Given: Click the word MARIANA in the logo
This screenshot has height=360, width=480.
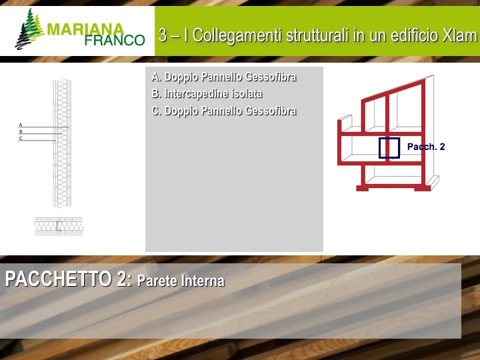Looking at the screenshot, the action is click(x=85, y=29).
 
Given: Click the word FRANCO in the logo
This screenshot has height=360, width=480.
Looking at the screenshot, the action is click(x=115, y=40).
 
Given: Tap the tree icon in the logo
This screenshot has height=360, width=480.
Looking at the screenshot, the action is click(x=29, y=29).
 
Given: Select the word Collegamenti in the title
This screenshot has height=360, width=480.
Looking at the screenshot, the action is click(x=237, y=35).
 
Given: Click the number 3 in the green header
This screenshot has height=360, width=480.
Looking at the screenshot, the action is click(x=163, y=35).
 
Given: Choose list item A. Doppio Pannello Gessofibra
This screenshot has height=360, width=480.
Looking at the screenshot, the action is click(x=224, y=77).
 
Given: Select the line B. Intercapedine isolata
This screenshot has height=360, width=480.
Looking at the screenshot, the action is click(x=207, y=94).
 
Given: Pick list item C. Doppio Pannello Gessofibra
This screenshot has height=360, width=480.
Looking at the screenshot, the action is click(x=224, y=111).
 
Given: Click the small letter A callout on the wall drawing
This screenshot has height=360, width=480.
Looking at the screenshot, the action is click(x=21, y=125).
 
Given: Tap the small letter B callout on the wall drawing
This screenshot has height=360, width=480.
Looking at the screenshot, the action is click(x=21, y=131).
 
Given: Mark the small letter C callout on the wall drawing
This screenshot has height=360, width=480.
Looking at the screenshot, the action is click(x=21, y=139).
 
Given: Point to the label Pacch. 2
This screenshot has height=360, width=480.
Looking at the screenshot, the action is click(x=426, y=147).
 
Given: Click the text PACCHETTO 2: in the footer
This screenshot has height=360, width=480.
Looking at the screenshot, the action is click(x=69, y=279).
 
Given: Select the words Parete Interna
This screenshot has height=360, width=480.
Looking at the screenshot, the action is click(x=181, y=281).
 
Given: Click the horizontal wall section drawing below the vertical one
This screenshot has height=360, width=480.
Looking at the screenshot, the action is click(x=59, y=226).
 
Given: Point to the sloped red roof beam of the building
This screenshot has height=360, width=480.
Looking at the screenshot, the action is click(x=393, y=89).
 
